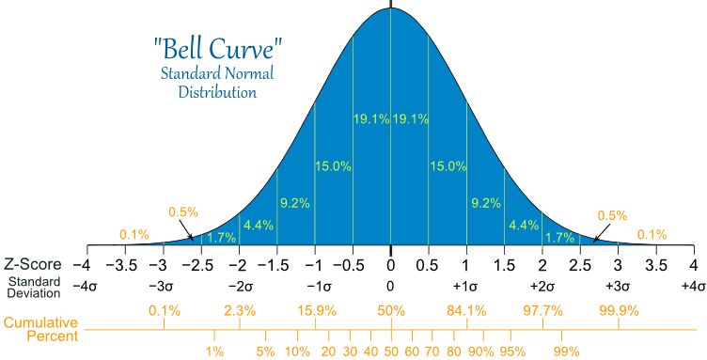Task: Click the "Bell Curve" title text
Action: pyautogui.click(x=217, y=45)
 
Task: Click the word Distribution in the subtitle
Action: pyautogui.click(x=217, y=93)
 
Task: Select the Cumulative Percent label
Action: pyautogui.click(x=39, y=329)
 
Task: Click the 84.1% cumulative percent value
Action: pyautogui.click(x=467, y=310)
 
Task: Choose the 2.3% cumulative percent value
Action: pyautogui.click(x=240, y=310)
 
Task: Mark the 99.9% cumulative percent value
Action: pyautogui.click(x=619, y=310)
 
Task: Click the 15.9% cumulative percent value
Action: pyautogui.click(x=315, y=310)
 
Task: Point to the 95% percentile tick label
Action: pyautogui.click(x=512, y=351)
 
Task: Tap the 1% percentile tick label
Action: pyautogui.click(x=214, y=351)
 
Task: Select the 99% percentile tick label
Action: pyautogui.click(x=566, y=351)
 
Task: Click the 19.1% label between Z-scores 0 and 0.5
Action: pyautogui.click(x=411, y=118)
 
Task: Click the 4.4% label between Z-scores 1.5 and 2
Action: pyautogui.click(x=523, y=225)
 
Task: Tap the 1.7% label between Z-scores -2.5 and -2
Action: pyautogui.click(x=221, y=238)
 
